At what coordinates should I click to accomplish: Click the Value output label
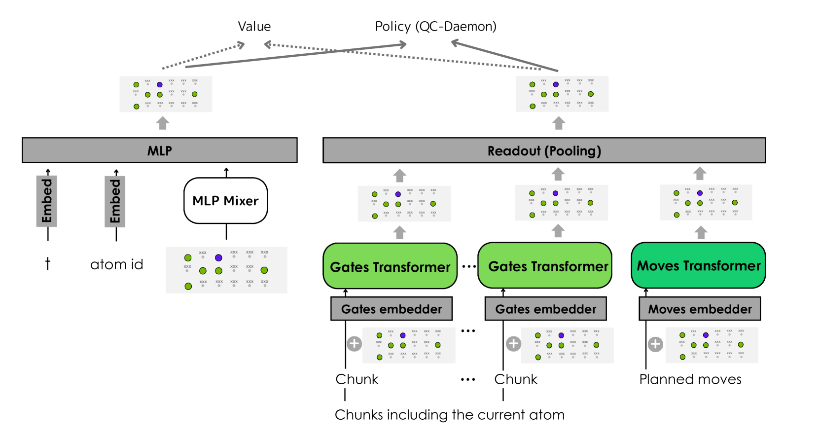[x=254, y=27]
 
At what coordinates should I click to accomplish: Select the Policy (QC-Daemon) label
[x=435, y=27]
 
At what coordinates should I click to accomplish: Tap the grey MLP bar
[x=159, y=150]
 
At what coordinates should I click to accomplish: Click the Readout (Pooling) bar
[x=544, y=151]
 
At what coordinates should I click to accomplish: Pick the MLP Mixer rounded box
[x=225, y=201]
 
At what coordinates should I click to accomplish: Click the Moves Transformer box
[x=698, y=266]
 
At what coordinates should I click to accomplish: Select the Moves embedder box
[x=700, y=309]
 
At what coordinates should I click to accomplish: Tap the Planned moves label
[x=690, y=379]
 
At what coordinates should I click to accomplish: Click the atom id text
[x=117, y=265]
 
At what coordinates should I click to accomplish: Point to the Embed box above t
[x=47, y=201]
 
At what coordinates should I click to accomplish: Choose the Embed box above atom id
[x=115, y=201]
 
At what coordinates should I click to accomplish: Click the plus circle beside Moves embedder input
[x=655, y=344]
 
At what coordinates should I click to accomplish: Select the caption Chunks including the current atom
[x=449, y=415]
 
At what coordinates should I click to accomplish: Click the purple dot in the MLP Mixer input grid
[x=218, y=257]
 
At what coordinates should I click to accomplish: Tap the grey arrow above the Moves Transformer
[x=701, y=232]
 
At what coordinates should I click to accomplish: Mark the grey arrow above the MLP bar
[x=163, y=123]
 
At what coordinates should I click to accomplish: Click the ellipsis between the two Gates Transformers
[x=468, y=267]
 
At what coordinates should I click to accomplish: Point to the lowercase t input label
[x=48, y=264]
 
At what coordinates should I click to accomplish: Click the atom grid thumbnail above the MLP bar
[x=166, y=94]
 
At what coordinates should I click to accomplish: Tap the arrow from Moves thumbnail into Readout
[x=700, y=173]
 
